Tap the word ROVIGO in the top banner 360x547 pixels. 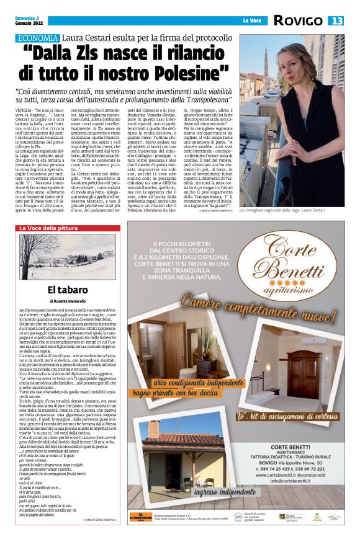pyautogui.click(x=297, y=21)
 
